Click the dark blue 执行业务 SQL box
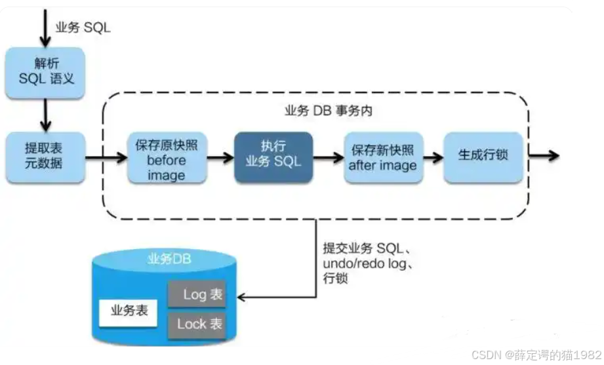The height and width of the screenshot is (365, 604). pos(273,155)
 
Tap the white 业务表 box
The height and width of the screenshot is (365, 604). pos(129,310)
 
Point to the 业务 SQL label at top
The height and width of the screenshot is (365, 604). pos(83,28)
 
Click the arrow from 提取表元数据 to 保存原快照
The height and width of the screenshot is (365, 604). pos(105,157)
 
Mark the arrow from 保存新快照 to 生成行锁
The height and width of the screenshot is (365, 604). pos(433,157)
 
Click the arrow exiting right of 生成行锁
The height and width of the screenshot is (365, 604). pos(544,156)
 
